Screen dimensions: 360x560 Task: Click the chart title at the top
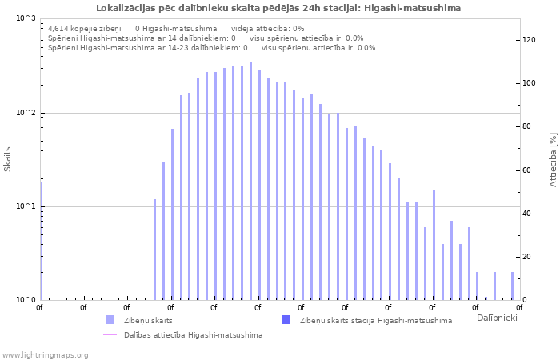pyautogui.click(x=278, y=8)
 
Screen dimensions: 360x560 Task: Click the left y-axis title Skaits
pyautogui.click(x=8, y=159)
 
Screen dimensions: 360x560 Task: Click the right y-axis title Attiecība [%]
pyautogui.click(x=553, y=159)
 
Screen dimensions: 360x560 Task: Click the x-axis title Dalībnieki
pyautogui.click(x=497, y=318)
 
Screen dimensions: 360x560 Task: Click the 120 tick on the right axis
pyautogui.click(x=530, y=40)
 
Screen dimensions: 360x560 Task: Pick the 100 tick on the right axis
pyautogui.click(x=530, y=83)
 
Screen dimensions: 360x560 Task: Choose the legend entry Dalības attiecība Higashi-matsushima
pyautogui.click(x=193, y=334)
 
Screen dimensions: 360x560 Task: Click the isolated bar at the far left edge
pyautogui.click(x=42, y=240)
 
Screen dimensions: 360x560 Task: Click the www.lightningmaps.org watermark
pyautogui.click(x=45, y=354)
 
